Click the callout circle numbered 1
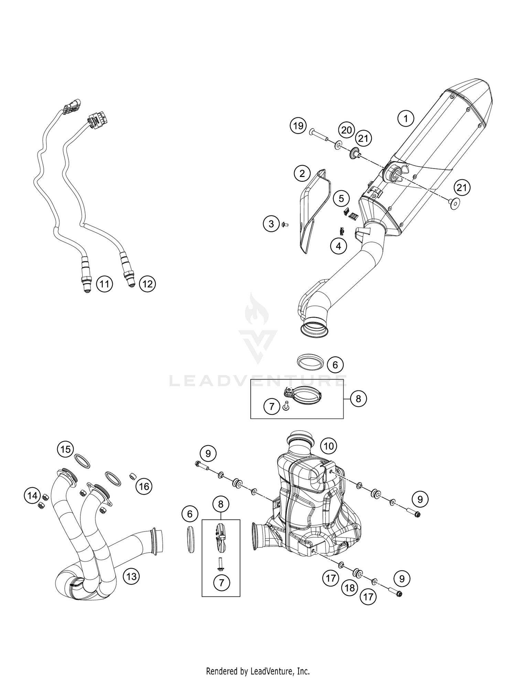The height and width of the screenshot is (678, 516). click(406, 119)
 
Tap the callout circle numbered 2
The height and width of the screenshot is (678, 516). click(302, 174)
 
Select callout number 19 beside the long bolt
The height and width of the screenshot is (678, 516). click(298, 126)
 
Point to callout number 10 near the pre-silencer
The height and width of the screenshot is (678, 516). click(329, 446)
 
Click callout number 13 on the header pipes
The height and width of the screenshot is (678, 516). click(131, 576)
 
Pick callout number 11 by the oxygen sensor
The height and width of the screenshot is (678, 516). click(104, 284)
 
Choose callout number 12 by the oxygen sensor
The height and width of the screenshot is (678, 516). click(147, 284)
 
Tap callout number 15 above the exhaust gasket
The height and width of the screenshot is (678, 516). click(65, 449)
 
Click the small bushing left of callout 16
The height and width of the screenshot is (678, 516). click(132, 477)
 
